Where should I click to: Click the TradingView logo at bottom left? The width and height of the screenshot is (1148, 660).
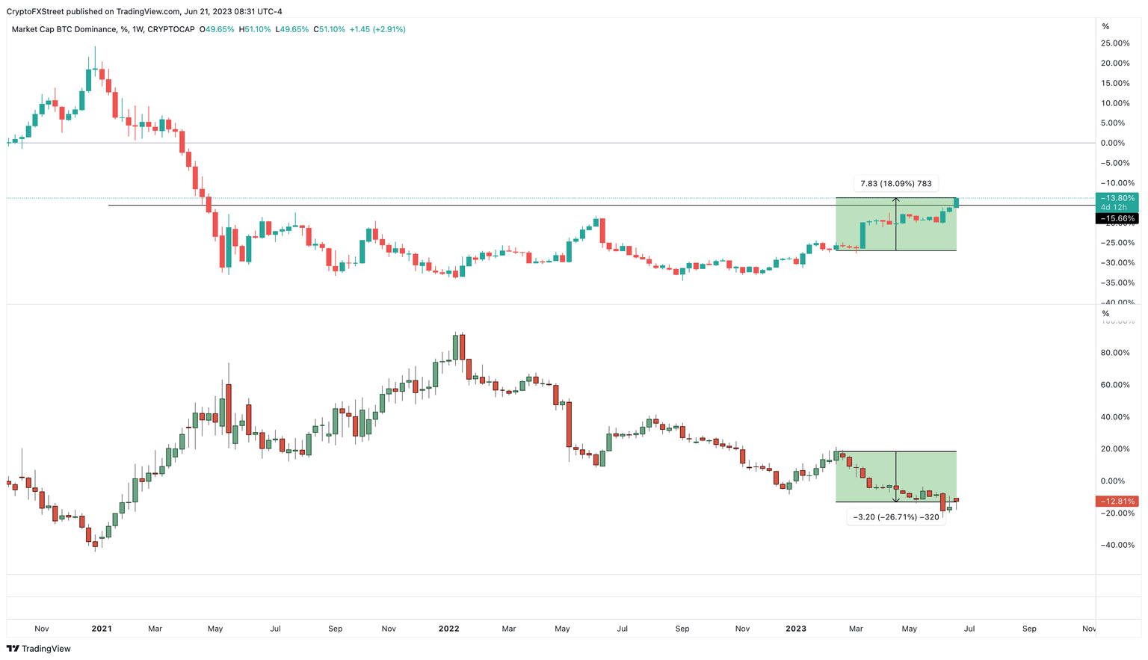(x=38, y=649)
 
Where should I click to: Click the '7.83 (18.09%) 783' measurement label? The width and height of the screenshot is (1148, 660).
(x=895, y=184)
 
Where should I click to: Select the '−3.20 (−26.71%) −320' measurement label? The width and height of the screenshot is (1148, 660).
(x=895, y=517)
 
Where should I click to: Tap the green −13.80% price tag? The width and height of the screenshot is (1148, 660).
(x=1117, y=198)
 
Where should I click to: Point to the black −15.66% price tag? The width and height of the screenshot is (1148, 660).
(x=1117, y=219)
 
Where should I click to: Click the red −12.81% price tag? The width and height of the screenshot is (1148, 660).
(x=1117, y=502)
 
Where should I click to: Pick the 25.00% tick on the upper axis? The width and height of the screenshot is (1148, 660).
(x=1115, y=43)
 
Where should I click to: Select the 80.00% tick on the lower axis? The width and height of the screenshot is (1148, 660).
(x=1115, y=353)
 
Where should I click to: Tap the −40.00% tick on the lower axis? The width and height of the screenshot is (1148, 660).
(x=1115, y=546)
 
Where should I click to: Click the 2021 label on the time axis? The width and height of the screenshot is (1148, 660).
(x=102, y=629)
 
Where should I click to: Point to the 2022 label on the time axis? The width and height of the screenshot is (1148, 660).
(x=448, y=629)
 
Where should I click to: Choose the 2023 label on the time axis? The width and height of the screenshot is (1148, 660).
(x=796, y=629)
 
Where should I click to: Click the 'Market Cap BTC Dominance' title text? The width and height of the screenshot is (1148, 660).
(x=64, y=29)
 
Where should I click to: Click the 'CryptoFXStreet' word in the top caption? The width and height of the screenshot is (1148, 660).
(x=33, y=11)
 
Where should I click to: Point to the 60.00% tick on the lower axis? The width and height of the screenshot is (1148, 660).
(x=1115, y=385)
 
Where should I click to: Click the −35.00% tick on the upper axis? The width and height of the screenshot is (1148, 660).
(x=1115, y=283)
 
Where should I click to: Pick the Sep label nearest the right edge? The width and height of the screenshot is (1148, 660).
(x=1029, y=629)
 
